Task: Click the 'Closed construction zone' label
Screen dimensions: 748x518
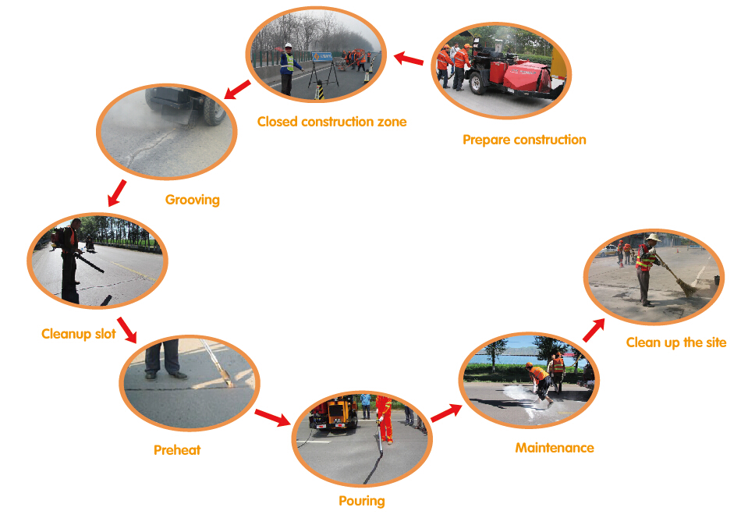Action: [332, 122]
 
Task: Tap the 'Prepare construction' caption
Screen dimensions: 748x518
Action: [524, 140]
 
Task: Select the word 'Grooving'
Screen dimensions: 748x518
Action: [192, 200]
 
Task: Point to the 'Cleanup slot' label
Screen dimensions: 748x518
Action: [79, 334]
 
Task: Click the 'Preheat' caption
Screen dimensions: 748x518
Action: [177, 450]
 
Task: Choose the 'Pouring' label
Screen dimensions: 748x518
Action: [362, 502]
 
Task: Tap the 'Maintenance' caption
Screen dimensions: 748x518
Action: [555, 448]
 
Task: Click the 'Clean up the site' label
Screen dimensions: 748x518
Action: [676, 342]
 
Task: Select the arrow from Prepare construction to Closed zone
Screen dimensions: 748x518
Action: [409, 59]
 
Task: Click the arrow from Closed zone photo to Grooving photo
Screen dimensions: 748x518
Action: [237, 90]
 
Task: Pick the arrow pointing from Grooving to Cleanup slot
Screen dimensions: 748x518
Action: [117, 193]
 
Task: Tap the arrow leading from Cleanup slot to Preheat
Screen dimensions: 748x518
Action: [127, 330]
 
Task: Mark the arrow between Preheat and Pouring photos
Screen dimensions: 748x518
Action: [272, 418]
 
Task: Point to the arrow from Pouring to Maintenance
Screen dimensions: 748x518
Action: [446, 413]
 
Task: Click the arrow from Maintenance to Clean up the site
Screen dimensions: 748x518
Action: [594, 330]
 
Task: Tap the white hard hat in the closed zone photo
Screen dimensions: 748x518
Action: [288, 46]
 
